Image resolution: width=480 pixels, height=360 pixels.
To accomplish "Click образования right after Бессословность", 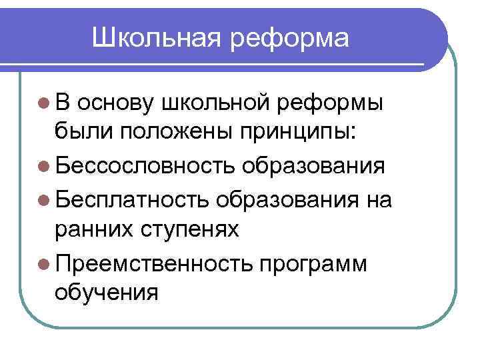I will coord(313,165).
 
